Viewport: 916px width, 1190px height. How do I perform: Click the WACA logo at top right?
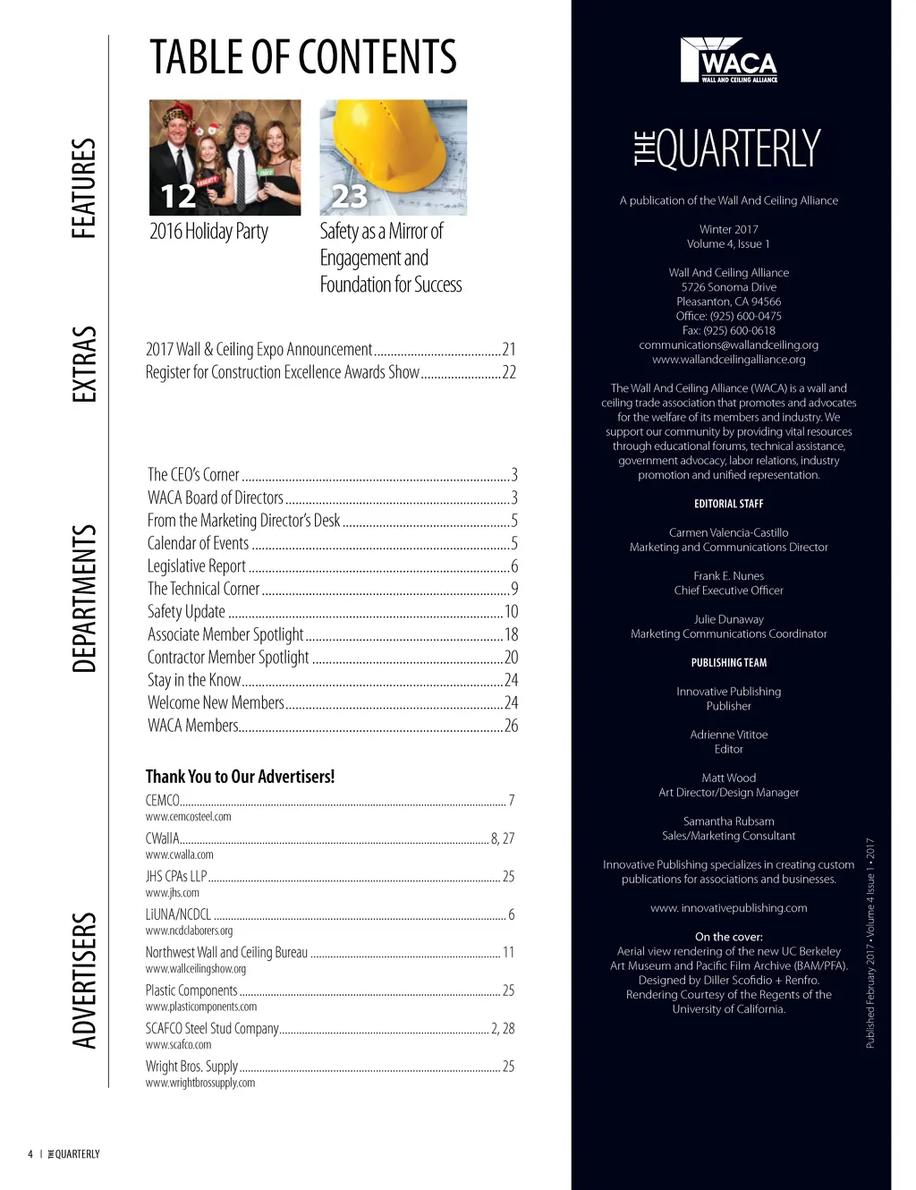(728, 60)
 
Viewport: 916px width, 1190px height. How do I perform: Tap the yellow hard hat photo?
(393, 157)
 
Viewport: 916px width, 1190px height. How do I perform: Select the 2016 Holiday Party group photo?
(225, 157)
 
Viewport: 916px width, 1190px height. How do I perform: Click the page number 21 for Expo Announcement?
(508, 349)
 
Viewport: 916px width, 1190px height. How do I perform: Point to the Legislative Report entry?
(197, 565)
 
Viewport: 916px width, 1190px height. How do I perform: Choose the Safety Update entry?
(186, 611)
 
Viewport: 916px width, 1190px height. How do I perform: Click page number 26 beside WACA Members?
(511, 726)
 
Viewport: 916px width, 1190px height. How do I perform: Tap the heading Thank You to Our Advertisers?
(240, 777)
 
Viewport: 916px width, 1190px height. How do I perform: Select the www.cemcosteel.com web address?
(188, 816)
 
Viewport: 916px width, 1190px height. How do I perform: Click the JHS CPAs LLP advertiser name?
(176, 876)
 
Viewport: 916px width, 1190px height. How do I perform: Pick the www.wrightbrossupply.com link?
(200, 1083)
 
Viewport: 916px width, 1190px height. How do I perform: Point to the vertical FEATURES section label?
(83, 188)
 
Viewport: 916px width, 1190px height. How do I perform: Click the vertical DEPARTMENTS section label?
(83, 599)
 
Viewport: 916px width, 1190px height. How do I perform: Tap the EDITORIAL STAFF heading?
(728, 504)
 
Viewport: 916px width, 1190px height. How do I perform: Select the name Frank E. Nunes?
(728, 576)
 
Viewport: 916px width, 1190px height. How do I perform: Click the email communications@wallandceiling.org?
(728, 344)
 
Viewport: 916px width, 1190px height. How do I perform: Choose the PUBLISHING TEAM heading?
(728, 663)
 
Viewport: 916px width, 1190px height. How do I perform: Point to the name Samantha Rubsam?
(728, 821)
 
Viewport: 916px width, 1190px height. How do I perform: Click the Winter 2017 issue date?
(728, 229)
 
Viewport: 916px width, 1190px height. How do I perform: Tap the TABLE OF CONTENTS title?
(302, 58)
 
